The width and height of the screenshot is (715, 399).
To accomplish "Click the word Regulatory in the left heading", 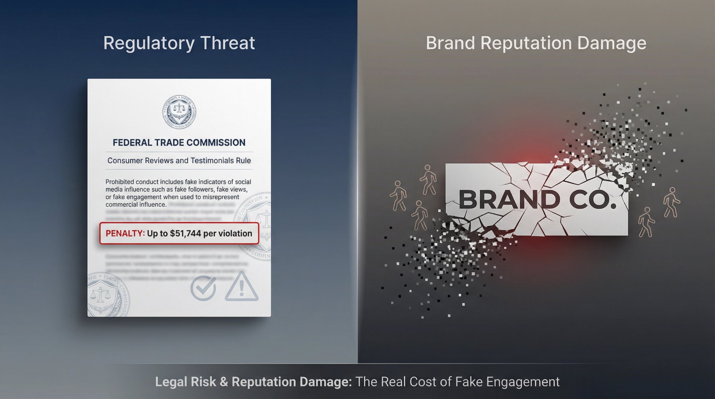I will pos(149,44).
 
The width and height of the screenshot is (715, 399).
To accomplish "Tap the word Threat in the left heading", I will pos(227,43).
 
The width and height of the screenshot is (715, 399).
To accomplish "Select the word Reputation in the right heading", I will pos(526,44).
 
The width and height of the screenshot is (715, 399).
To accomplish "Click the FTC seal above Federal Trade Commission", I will pos(179,112).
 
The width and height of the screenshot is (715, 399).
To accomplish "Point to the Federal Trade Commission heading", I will pos(179,143).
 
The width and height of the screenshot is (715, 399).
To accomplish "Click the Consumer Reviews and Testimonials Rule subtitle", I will pos(179,161).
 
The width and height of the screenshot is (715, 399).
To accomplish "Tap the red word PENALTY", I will pos(125,233).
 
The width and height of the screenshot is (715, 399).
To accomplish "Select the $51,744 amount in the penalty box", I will pos(186,233).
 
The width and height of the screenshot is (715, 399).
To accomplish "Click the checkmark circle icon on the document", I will pos(203,288).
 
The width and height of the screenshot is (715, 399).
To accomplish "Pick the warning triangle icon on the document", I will pos(241,287).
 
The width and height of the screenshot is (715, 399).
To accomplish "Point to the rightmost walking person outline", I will pos(671,202).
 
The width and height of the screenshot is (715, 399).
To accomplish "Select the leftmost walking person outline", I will pos(398,195).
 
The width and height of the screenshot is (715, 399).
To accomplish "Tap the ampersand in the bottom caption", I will pos(224,382).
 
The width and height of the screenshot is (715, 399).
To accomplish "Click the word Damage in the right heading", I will pos(611,44).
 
